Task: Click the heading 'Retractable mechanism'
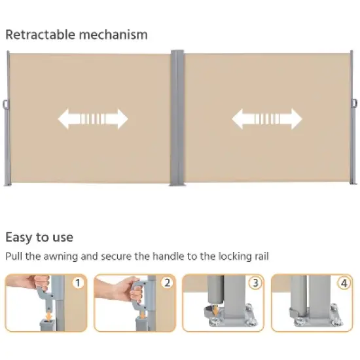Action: point(77,34)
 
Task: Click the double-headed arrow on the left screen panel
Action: point(93,118)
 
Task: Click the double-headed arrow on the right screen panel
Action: point(266,118)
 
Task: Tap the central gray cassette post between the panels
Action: point(177,118)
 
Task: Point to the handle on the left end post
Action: point(6,104)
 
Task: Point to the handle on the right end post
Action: point(353,103)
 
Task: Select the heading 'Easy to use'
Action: point(39,237)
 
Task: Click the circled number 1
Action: point(79,283)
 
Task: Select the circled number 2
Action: point(167,283)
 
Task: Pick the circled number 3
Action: point(255,283)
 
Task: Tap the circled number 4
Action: point(344,283)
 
